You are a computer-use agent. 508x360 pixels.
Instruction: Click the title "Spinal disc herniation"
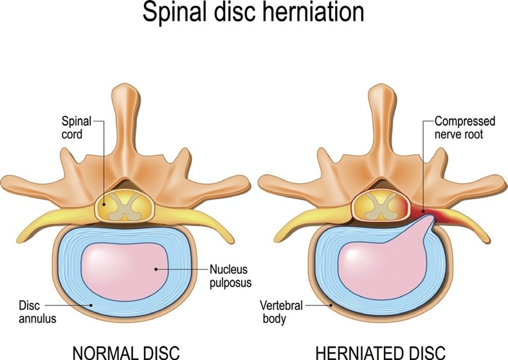[x=253, y=13]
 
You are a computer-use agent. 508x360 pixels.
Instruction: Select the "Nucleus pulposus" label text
[x=231, y=276]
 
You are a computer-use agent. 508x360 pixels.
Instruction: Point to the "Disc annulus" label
[x=37, y=312]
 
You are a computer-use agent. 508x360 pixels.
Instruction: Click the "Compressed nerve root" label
[x=465, y=127]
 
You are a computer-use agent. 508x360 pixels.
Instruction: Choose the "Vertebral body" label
[x=281, y=312]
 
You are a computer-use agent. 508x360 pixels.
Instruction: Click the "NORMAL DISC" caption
[x=126, y=353]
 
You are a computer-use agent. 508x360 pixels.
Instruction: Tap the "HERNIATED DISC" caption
[x=381, y=353]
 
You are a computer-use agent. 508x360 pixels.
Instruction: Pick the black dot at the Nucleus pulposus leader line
[x=156, y=269]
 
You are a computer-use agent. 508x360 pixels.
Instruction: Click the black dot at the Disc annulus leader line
[x=91, y=305]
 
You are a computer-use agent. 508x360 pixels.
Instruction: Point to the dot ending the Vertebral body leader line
[x=331, y=305]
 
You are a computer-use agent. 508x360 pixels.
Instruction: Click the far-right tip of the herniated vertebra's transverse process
[x=505, y=183]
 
